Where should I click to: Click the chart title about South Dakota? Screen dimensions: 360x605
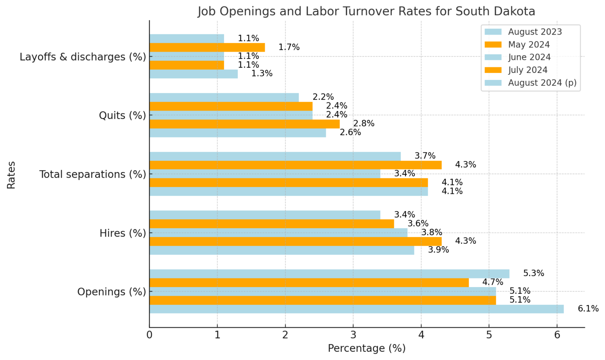[366, 11]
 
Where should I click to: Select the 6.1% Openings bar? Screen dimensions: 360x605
[356, 309]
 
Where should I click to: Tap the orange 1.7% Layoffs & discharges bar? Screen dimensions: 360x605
[207, 47]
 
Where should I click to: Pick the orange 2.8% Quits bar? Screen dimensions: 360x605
[244, 124]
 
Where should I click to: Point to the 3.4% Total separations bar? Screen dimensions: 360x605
[265, 174]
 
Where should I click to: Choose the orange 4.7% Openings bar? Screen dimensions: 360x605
[309, 282]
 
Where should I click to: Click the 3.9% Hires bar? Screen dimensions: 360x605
[282, 250]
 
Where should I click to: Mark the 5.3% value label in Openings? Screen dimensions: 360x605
[533, 273]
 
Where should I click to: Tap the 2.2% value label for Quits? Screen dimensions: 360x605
[323, 97]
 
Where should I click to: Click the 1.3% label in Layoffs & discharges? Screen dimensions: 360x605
[262, 74]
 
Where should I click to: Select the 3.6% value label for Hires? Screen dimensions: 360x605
[418, 224]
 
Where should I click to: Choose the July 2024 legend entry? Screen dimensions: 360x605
[527, 70]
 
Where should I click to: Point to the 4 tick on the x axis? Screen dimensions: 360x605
[421, 335]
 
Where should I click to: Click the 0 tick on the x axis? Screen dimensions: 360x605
[149, 335]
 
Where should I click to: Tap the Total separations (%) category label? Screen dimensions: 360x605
[93, 174]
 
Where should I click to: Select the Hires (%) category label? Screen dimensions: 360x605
[122, 233]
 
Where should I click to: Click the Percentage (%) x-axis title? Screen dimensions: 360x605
[366, 349]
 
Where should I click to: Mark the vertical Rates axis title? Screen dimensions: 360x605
[11, 174]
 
